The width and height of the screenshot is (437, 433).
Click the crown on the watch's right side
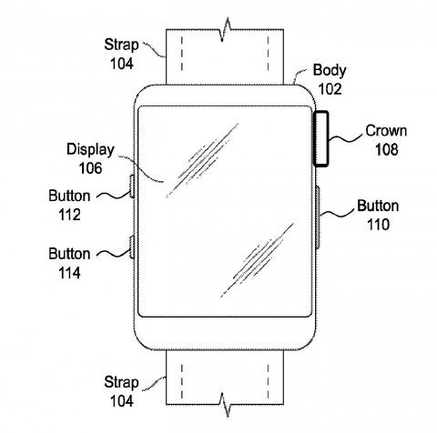[x=321, y=139]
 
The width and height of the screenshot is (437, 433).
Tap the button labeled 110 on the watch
[x=318, y=217]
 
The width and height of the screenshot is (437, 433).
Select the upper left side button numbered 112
[x=132, y=186]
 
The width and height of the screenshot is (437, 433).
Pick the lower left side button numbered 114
[x=132, y=247]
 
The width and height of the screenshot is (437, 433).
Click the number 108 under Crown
[x=386, y=149]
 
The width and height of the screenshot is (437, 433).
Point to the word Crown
[x=386, y=131]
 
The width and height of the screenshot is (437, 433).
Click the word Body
[x=330, y=70]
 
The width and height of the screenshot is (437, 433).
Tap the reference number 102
[x=330, y=89]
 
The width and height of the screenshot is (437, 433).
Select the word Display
[x=90, y=150]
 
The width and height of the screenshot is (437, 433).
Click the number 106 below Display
[x=90, y=168]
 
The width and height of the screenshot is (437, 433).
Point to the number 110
[x=378, y=225]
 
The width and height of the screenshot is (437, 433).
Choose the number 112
[x=69, y=215]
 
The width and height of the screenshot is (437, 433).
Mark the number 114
[x=69, y=273]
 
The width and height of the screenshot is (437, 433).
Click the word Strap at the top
[x=121, y=45]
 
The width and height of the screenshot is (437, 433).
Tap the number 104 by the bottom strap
[x=122, y=401]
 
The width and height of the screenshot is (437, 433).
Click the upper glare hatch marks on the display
[x=202, y=161]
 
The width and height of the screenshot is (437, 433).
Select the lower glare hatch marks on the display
[x=257, y=260]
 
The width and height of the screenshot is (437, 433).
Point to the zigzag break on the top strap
[x=225, y=29]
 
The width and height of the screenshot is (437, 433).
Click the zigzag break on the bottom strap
[x=225, y=405]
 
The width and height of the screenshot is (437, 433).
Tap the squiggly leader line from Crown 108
[x=346, y=138]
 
